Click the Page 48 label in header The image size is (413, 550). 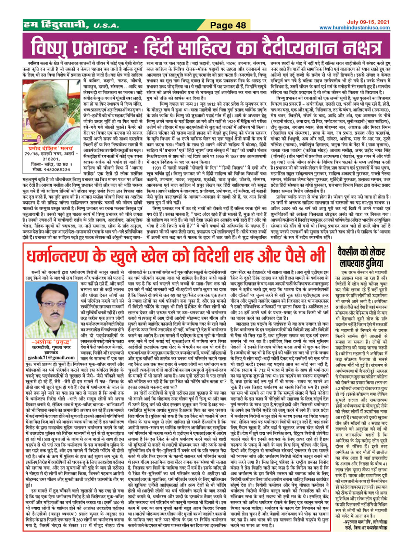pos(228,25)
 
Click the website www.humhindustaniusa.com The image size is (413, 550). pos(354,28)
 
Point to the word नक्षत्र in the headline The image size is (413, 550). pos(357,47)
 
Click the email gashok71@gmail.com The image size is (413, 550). pos(51,358)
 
